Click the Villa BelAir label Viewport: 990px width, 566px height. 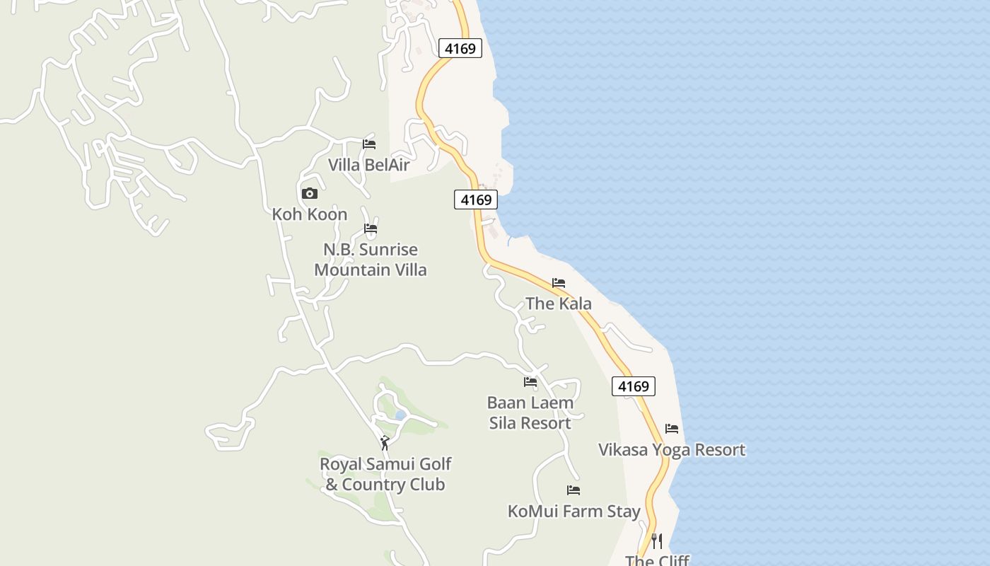pos(368,165)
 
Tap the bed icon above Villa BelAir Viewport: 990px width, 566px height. pos(369,144)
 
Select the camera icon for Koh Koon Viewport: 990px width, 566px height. pos(310,193)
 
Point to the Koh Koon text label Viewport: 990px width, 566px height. pos(310,214)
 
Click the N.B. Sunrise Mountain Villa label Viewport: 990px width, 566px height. pos(371,260)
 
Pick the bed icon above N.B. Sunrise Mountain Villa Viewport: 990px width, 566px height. pos(371,229)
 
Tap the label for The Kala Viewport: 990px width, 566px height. pos(559,304)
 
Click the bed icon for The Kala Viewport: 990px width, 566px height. pos(559,283)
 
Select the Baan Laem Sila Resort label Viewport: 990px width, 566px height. pos(530,412)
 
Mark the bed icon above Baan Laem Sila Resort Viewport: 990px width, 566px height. pos(530,382)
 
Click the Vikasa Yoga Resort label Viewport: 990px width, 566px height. pos(672,450)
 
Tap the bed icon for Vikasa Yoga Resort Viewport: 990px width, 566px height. pos(672,429)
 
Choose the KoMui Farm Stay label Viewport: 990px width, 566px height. pos(574,511)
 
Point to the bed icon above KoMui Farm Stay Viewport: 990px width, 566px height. pos(573,490)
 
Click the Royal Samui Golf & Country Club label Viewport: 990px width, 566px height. pos(385,474)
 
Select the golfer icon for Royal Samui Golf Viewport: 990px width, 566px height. pos(385,443)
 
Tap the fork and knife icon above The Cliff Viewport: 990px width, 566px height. pos(657,541)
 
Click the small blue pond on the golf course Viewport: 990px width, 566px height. pos(400,415)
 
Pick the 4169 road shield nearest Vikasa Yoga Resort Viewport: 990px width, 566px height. pos(633,386)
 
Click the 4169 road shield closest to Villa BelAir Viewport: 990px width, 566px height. pos(476,200)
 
